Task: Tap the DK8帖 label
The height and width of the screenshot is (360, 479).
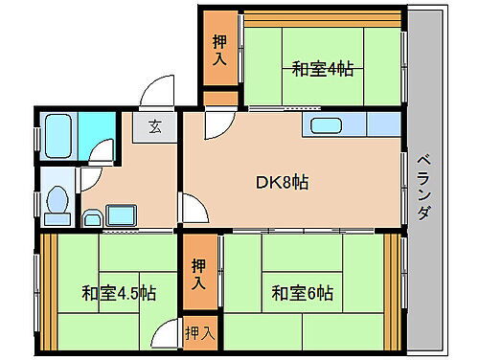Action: click(x=278, y=181)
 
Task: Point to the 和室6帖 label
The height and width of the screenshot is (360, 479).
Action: click(x=301, y=294)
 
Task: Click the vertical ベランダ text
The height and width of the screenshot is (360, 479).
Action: click(x=422, y=186)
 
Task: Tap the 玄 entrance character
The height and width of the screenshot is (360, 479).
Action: click(x=154, y=125)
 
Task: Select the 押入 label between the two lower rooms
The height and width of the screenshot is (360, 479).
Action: click(x=199, y=274)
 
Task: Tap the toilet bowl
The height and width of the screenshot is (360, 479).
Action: click(x=56, y=202)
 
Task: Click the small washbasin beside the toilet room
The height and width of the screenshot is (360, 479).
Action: click(x=91, y=217)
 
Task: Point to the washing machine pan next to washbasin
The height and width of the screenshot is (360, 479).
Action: click(x=122, y=214)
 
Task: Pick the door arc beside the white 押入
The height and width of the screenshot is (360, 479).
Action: click(x=171, y=331)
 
